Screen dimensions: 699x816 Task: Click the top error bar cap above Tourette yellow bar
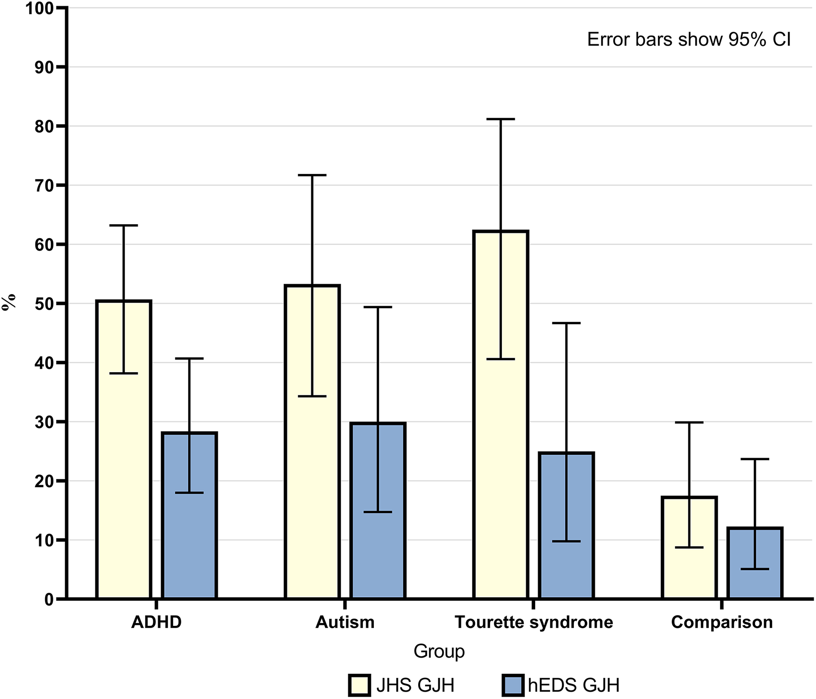pyautogui.click(x=501, y=119)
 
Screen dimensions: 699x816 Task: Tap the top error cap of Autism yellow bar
pyautogui.click(x=312, y=175)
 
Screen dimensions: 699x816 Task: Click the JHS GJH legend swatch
pyautogui.click(x=360, y=685)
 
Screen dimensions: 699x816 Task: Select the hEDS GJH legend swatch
pyautogui.click(x=513, y=685)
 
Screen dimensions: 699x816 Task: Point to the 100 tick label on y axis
pyautogui.click(x=40, y=8)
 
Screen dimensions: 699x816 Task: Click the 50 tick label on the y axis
pyautogui.click(x=44, y=304)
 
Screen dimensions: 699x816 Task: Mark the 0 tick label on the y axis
pyautogui.click(x=49, y=600)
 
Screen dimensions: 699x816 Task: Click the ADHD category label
pyautogui.click(x=157, y=622)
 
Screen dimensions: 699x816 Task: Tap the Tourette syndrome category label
pyautogui.click(x=534, y=622)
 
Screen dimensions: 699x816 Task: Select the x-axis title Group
pyautogui.click(x=439, y=651)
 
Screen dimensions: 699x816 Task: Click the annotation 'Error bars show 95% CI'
pyautogui.click(x=688, y=40)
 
